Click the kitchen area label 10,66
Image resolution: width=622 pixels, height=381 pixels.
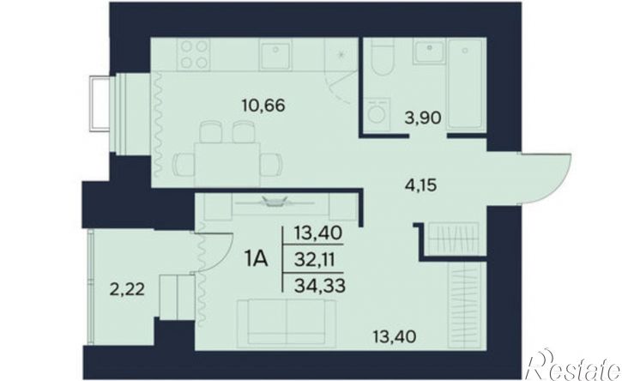click(x=263, y=106)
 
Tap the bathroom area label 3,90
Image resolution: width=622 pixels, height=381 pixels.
click(x=423, y=118)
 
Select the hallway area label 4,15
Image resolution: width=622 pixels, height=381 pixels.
click(x=421, y=184)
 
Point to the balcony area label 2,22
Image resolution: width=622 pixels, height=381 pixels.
click(x=126, y=290)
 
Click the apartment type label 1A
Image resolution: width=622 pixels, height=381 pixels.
click(x=257, y=259)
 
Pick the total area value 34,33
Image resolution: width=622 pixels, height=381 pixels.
click(x=320, y=285)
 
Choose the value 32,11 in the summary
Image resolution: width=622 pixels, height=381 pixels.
click(x=316, y=260)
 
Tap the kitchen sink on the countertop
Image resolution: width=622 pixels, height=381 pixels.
click(x=275, y=55)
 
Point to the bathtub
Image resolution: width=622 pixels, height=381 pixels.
click(x=466, y=83)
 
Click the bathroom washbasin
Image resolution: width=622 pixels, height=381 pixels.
click(x=429, y=51)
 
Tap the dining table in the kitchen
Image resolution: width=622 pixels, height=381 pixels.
click(x=226, y=165)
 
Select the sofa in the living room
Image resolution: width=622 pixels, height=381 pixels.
click(x=287, y=323)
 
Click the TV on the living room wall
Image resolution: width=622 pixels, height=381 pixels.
click(x=274, y=202)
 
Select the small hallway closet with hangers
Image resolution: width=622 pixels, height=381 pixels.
click(x=452, y=239)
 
